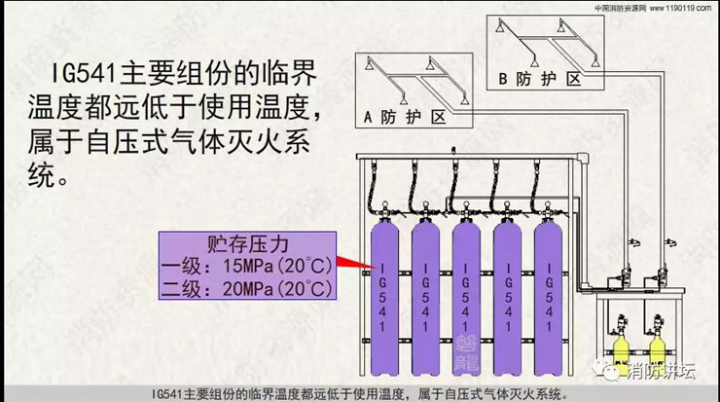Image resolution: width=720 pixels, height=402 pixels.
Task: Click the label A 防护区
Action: pos(404,119)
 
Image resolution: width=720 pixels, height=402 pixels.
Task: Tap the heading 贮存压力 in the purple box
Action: pos(251,241)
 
